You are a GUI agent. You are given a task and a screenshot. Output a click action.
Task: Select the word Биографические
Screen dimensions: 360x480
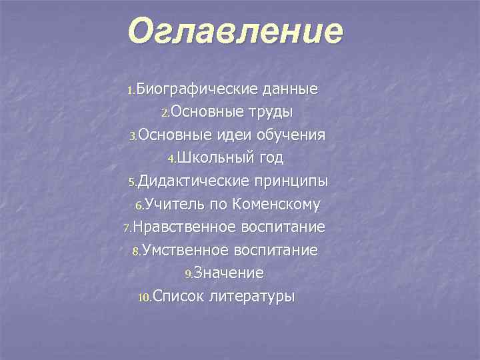190,89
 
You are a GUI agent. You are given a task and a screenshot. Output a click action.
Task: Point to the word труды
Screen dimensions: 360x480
269,112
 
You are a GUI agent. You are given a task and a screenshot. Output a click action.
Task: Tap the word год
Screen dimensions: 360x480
271,158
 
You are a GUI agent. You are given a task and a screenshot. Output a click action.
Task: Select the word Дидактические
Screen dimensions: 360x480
193,181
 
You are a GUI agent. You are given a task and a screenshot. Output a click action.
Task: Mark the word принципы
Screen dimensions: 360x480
291,181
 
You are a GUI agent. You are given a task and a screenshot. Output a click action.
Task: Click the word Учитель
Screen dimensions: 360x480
171,204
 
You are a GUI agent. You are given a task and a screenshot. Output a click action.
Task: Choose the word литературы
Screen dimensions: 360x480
251,296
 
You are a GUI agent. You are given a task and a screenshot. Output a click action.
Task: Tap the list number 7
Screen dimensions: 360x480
128,229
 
